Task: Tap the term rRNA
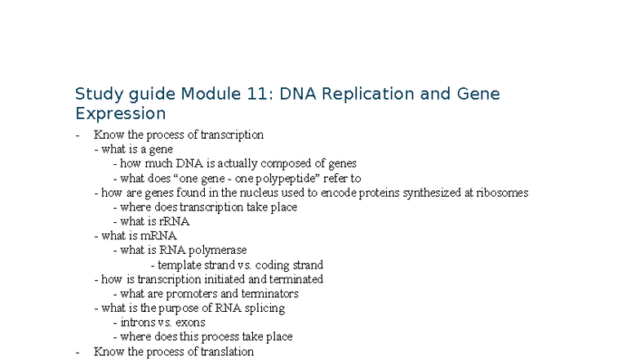[x=176, y=221]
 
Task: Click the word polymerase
[x=217, y=251]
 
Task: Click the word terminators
[x=270, y=294]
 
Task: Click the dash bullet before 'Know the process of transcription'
[x=77, y=136]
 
